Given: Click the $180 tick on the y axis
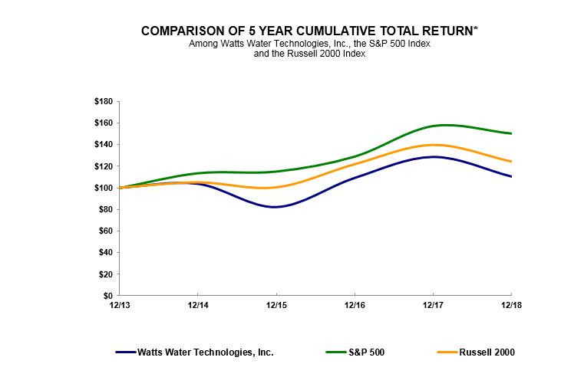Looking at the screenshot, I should (x=103, y=101).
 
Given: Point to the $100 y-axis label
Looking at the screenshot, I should (x=103, y=188).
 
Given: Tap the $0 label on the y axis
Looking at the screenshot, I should (x=107, y=296).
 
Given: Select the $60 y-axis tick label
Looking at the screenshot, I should (x=105, y=231).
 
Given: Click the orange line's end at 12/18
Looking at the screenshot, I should (x=511, y=161).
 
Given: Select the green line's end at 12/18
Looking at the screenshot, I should (x=511, y=133).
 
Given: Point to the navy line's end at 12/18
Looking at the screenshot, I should (x=511, y=176).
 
